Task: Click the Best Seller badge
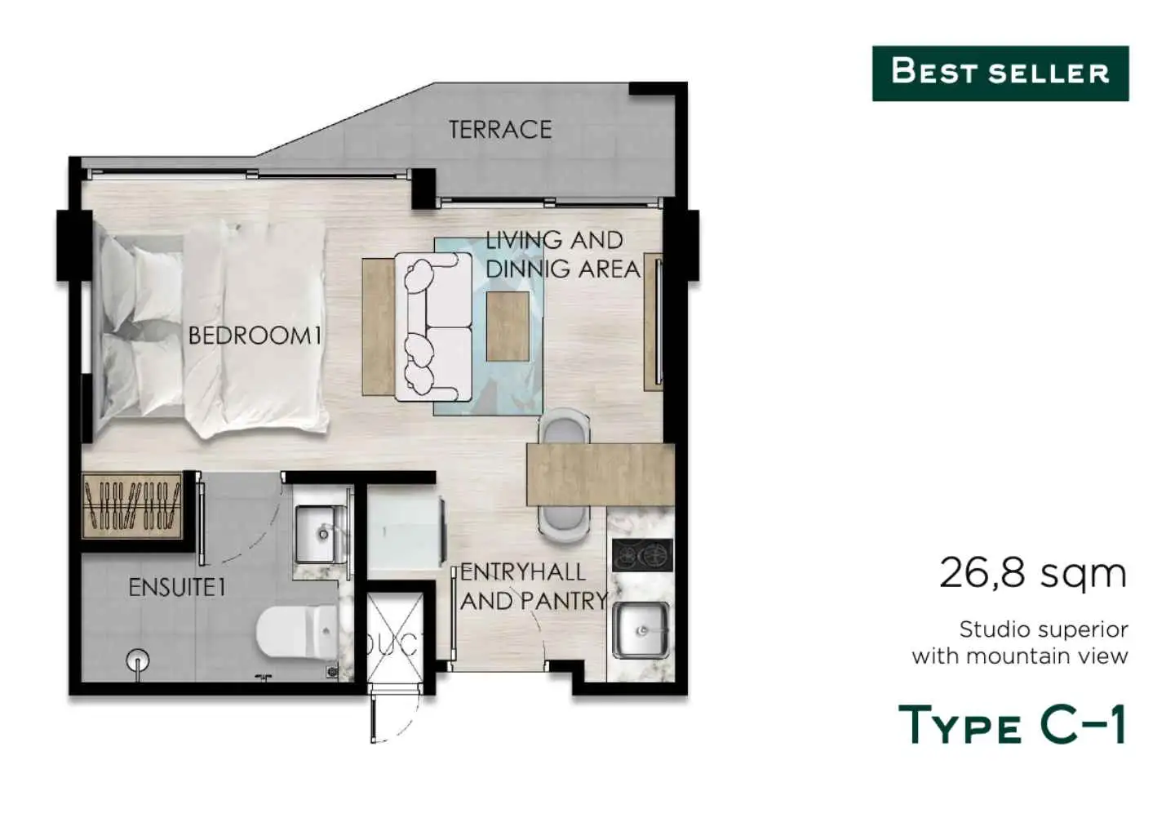point(1000,73)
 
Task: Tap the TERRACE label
point(500,130)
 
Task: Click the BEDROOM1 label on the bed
point(255,336)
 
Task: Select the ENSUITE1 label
point(177,588)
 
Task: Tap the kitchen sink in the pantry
point(641,629)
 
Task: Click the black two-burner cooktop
point(643,554)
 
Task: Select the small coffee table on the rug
point(508,327)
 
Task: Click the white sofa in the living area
point(434,327)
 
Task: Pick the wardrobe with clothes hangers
point(132,506)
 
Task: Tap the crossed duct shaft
point(394,637)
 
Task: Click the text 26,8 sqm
point(1033,573)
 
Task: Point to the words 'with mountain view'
point(1020,656)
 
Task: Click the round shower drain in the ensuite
point(137,660)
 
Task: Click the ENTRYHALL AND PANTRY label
point(534,587)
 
